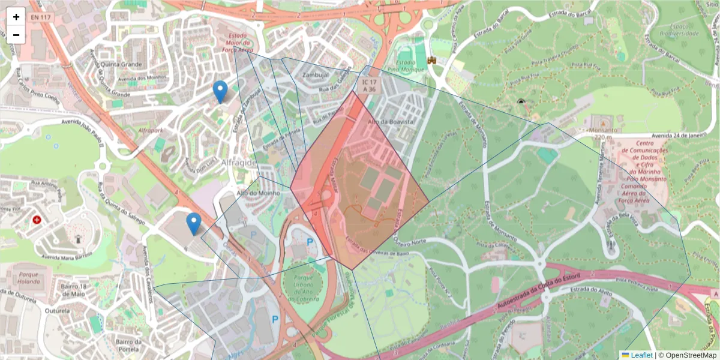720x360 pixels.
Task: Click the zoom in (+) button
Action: point(16,17)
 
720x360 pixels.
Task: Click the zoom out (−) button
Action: point(16,35)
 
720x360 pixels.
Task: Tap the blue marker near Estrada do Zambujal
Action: point(221,92)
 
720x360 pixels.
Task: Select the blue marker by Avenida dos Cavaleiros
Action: point(193,223)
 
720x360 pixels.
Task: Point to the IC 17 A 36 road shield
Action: point(368,85)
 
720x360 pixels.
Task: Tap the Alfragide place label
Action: point(239,163)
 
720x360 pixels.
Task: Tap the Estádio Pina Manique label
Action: point(410,65)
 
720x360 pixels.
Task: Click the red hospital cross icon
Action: point(37,220)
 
